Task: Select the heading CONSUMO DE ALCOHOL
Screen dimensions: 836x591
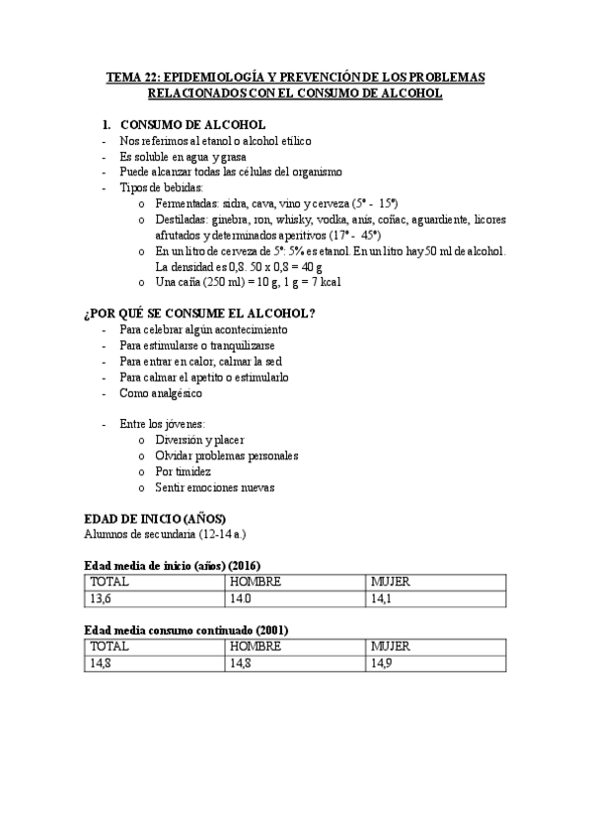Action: (x=192, y=125)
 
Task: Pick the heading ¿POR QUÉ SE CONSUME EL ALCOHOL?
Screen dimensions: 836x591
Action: (x=200, y=313)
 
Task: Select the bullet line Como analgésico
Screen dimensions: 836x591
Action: (x=161, y=393)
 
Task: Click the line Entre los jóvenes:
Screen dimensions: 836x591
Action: (x=163, y=424)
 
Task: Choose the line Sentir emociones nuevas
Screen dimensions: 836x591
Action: (x=214, y=487)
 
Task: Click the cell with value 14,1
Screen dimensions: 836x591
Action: (x=383, y=598)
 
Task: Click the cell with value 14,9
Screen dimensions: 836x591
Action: (x=383, y=662)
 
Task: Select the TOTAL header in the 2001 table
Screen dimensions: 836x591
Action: (x=110, y=646)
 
